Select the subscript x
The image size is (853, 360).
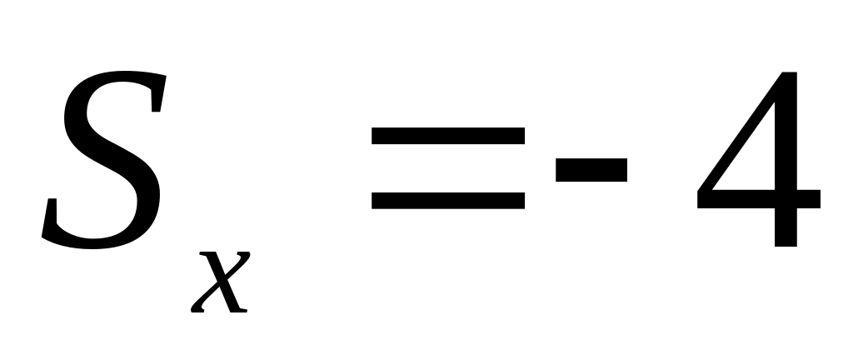pos(221,282)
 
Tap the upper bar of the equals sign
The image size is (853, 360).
pos(447,136)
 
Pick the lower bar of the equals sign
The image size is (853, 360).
pos(447,201)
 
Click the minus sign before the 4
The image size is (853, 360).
pos(591,170)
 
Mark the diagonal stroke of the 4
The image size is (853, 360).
pos(740,131)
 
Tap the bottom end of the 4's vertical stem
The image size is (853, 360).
pos(786,247)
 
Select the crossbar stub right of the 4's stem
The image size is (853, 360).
pos(808,199)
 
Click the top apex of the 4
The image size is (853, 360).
pos(790,72)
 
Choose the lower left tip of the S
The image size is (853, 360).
pos(43,235)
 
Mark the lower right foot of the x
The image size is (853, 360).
pos(240,310)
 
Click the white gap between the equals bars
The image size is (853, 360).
pos(447,168)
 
